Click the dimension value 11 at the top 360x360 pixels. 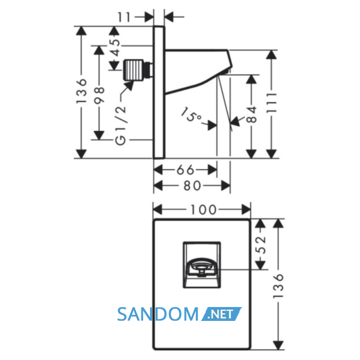pos(124,17)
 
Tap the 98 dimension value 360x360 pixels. pos(99,95)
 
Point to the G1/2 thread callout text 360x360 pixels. pos(121,125)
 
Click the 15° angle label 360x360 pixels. pos(191,115)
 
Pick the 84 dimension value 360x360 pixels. pos(252,114)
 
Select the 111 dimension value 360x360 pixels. pos(272,102)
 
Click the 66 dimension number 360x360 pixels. pos(186,170)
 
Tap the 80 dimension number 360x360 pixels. pos(192,186)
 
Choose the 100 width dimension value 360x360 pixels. pos(204,210)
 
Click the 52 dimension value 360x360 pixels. pos(261,245)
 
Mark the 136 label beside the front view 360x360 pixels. pos(279,286)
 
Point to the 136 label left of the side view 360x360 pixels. pos(81,91)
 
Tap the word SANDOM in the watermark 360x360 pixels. pos(158,314)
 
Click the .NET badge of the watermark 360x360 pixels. pos(221,314)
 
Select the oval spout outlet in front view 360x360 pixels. pos(202,267)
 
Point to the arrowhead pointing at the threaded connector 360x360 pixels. pos(129,86)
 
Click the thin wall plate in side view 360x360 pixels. pos(159,92)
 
